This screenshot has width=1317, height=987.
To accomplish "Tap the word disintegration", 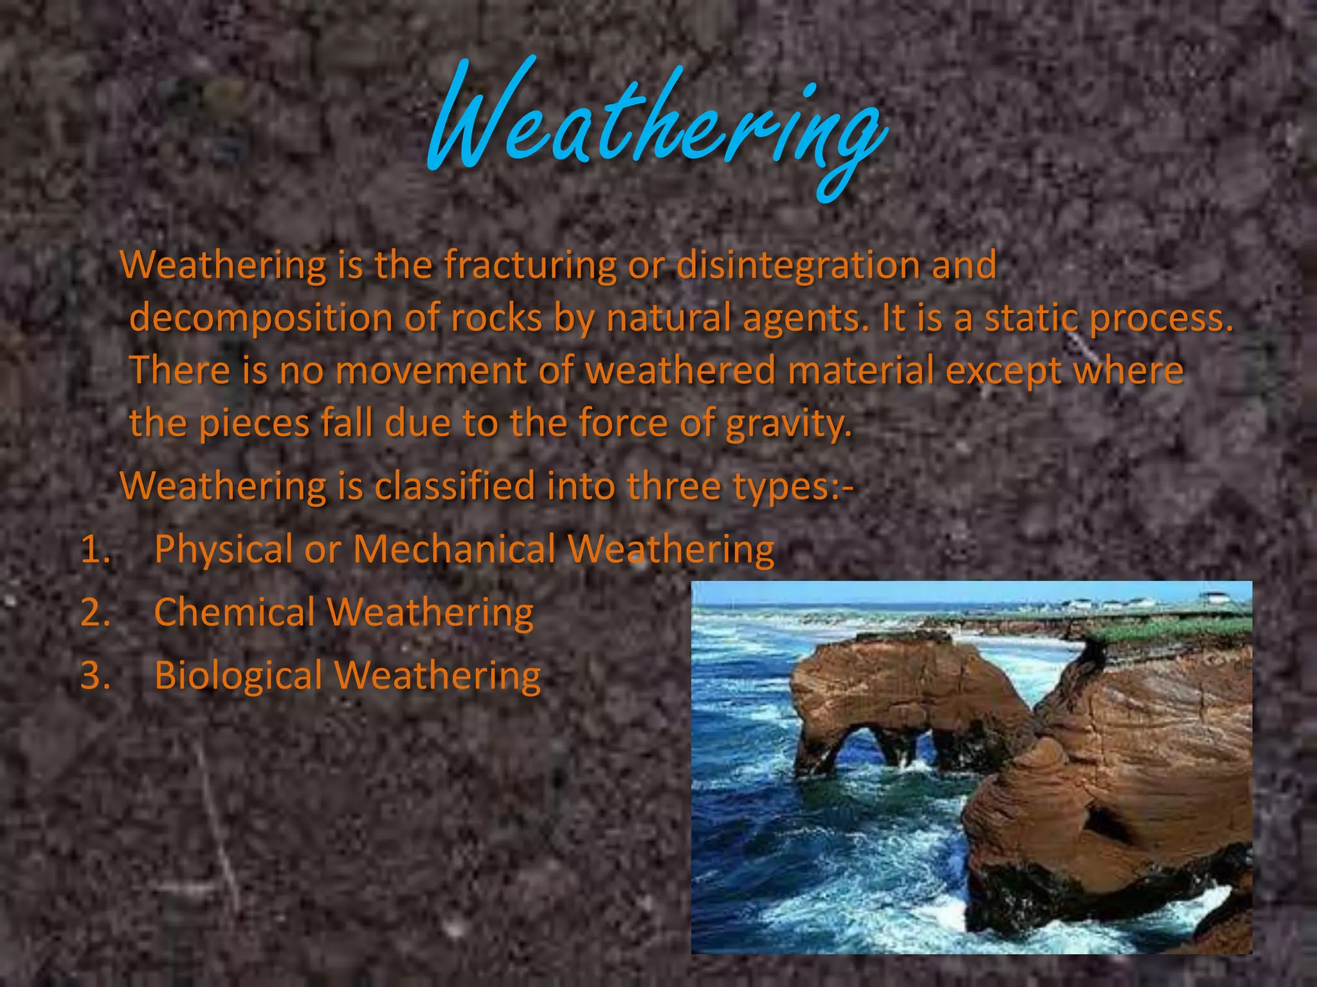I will point(797,265).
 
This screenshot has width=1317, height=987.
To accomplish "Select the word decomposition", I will point(260,319).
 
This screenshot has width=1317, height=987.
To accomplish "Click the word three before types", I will point(673,486).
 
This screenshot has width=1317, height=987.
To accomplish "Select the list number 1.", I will point(95,550).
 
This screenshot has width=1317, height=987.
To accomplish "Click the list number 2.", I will point(95,612).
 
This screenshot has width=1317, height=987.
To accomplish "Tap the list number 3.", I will point(95,676).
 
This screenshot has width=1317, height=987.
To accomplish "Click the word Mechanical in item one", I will point(454,549).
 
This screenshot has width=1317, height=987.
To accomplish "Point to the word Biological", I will point(238,676).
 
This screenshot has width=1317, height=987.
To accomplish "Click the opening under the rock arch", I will point(855,745).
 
